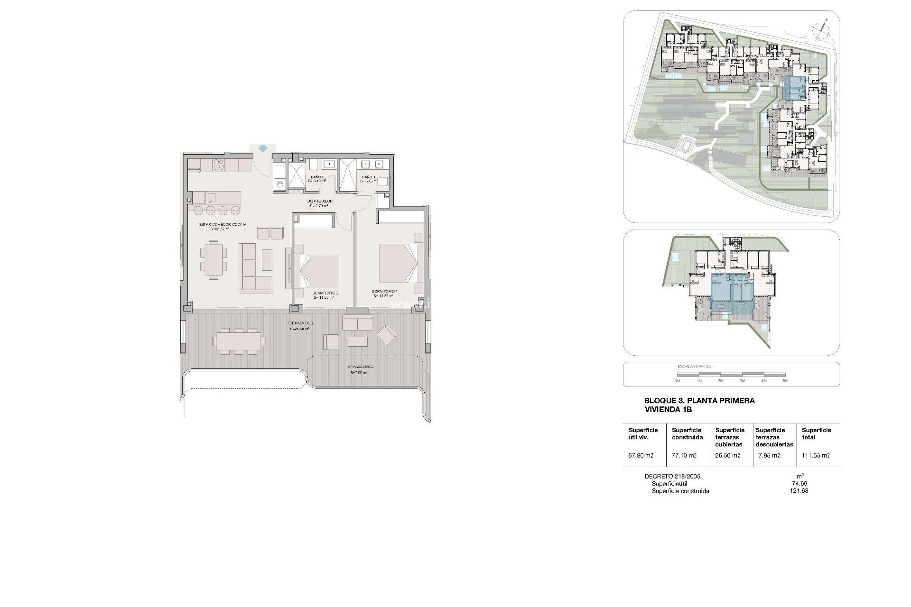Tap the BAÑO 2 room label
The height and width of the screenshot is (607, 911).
click(x=317, y=177)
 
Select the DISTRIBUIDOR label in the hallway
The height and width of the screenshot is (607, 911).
click(x=320, y=202)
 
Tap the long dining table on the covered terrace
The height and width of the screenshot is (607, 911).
click(x=239, y=340)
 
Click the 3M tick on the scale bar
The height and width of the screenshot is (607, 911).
click(x=742, y=381)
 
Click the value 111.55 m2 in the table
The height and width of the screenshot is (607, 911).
click(x=816, y=456)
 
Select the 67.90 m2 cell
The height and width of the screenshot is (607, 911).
click(x=641, y=456)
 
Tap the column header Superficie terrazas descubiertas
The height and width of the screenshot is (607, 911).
click(x=774, y=437)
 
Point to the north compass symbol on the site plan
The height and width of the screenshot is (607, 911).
click(x=820, y=29)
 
